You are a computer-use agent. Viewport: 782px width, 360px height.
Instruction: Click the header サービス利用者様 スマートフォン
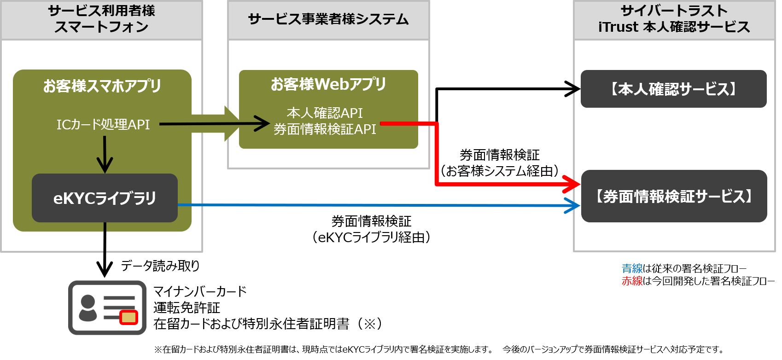[101, 19]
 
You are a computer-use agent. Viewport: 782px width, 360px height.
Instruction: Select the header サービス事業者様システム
[328, 19]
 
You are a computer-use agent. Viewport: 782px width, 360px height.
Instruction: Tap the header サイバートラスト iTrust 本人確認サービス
[674, 19]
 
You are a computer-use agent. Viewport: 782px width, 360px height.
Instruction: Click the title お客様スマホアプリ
[102, 86]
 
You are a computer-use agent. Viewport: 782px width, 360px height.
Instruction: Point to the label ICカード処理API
[103, 124]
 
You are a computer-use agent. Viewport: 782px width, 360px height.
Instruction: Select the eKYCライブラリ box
[105, 198]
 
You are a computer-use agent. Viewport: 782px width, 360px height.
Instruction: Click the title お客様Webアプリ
[328, 84]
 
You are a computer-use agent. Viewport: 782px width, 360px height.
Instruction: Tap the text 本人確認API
[325, 113]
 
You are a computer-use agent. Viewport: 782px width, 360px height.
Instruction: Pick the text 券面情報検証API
[325, 129]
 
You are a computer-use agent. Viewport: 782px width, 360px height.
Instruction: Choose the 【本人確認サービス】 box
[673, 89]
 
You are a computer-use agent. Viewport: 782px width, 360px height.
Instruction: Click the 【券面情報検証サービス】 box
[674, 196]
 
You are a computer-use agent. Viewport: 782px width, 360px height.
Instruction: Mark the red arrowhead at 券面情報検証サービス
[573, 184]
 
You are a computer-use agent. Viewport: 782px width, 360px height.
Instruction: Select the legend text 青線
[632, 268]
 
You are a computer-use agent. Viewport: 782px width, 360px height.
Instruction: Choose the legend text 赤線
[632, 281]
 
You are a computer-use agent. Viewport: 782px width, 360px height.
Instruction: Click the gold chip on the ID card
[128, 318]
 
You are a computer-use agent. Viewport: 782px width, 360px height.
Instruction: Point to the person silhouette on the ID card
[88, 308]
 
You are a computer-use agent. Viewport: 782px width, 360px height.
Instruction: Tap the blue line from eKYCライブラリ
[368, 205]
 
